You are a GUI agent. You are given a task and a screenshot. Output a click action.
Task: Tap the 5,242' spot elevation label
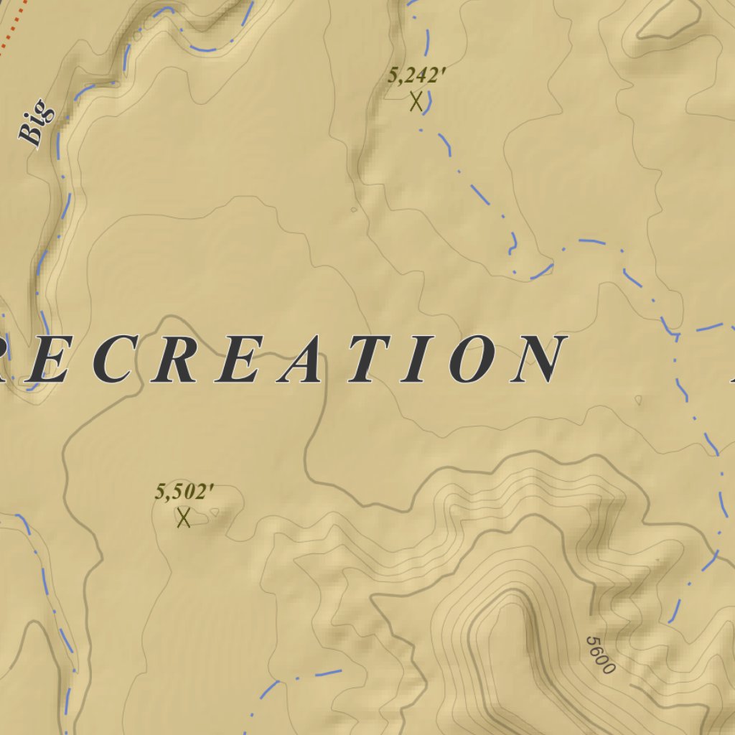click(413, 75)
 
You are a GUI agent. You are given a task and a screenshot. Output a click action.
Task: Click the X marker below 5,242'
click(416, 101)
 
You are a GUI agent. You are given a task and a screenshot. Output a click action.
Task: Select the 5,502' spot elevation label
click(184, 492)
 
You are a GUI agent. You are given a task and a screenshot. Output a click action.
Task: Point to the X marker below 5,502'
click(184, 517)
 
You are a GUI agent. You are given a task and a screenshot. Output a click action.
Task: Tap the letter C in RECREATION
click(114, 359)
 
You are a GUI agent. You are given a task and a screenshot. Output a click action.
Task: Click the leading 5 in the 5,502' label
click(160, 492)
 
